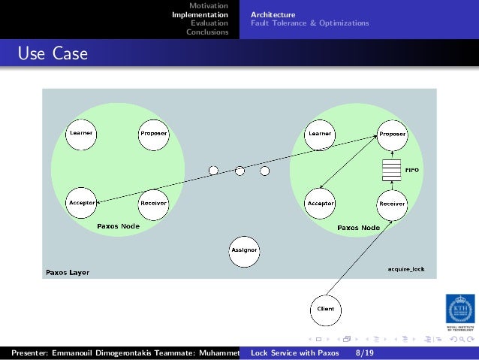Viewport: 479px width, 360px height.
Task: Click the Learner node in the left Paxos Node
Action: pyautogui.click(x=81, y=133)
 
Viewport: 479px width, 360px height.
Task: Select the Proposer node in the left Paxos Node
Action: pyautogui.click(x=153, y=133)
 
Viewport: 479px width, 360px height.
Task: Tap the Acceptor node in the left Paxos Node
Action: pyautogui.click(x=81, y=203)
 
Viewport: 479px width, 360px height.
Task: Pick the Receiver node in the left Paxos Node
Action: pyautogui.click(x=153, y=203)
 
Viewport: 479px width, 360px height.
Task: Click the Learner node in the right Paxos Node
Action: pyautogui.click(x=319, y=133)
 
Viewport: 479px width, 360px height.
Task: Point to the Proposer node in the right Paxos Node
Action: pyautogui.click(x=392, y=134)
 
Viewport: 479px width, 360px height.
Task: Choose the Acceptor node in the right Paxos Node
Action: pyautogui.click(x=321, y=203)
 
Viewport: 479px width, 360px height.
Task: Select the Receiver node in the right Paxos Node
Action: pyautogui.click(x=392, y=203)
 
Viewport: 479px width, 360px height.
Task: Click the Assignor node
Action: pyautogui.click(x=244, y=250)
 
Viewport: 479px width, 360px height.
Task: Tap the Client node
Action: pyautogui.click(x=326, y=308)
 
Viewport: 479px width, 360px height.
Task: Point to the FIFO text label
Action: pyautogui.click(x=411, y=171)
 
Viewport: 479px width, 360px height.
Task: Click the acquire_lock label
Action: pyautogui.click(x=405, y=268)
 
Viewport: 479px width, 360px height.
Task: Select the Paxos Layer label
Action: pyautogui.click(x=68, y=272)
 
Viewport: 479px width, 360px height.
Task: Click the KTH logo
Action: pyautogui.click(x=459, y=308)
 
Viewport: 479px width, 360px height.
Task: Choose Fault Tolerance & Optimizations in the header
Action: pyautogui.click(x=309, y=23)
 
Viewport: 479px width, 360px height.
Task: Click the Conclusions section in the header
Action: pyautogui.click(x=207, y=32)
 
